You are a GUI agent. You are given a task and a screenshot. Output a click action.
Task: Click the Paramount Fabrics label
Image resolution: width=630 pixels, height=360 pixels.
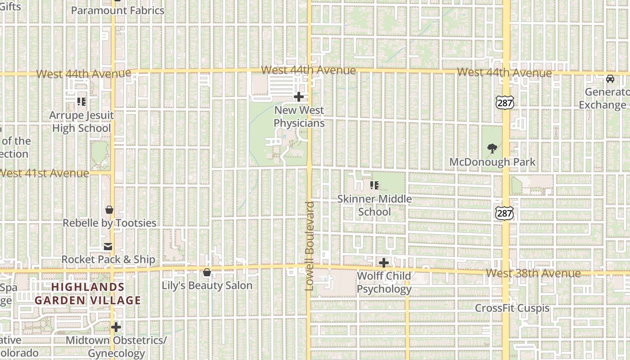click(117, 10)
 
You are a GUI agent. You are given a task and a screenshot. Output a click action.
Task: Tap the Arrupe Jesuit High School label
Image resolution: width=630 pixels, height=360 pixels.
click(81, 122)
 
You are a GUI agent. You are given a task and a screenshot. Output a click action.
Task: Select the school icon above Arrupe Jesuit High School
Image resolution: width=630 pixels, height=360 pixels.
click(81, 102)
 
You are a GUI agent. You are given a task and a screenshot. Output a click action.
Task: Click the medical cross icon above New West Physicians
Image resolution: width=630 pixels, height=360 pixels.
click(299, 97)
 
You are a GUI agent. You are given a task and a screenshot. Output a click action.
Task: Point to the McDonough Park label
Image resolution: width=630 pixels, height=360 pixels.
click(493, 162)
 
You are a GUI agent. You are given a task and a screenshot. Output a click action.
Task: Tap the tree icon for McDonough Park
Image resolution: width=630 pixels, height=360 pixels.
click(492, 148)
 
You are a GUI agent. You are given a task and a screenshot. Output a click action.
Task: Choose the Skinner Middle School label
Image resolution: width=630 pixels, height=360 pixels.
click(375, 205)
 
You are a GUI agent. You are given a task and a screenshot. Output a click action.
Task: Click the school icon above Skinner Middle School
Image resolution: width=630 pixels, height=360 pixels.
click(374, 185)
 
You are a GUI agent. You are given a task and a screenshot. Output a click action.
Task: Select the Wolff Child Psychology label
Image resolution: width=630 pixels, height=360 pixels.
click(384, 282)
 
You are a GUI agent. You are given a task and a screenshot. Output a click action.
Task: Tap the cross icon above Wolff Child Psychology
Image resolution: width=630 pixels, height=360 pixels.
click(384, 263)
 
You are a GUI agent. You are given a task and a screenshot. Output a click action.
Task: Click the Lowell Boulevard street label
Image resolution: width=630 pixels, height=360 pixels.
click(310, 246)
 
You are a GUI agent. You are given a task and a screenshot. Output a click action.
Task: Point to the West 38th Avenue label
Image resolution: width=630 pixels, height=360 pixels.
click(533, 273)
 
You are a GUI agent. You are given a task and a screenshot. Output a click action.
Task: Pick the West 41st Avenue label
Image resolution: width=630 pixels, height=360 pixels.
click(44, 173)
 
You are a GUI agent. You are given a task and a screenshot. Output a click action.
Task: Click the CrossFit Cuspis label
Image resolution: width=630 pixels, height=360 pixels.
click(512, 308)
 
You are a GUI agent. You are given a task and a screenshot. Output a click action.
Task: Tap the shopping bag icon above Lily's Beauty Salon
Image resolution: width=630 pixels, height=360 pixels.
click(207, 272)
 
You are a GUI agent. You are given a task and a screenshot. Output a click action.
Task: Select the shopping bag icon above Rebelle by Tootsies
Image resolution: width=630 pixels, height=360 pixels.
click(109, 210)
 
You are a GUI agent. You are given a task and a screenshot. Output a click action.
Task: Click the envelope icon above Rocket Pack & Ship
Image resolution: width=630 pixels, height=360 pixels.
click(108, 247)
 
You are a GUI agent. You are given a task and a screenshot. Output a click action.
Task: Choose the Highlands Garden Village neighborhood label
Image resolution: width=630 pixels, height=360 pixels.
click(88, 293)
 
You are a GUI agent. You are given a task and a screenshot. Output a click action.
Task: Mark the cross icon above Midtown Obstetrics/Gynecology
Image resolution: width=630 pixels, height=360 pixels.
click(116, 327)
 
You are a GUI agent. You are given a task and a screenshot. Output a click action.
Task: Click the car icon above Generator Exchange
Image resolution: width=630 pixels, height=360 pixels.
click(610, 79)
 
